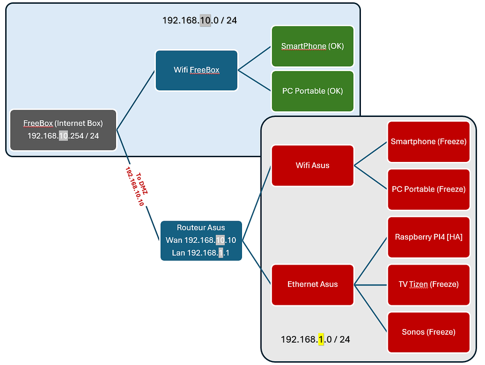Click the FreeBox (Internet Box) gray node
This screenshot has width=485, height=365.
click(x=63, y=130)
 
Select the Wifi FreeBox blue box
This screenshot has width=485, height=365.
click(x=197, y=70)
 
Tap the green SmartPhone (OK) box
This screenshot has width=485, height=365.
click(x=313, y=46)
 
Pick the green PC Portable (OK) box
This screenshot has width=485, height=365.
click(x=313, y=91)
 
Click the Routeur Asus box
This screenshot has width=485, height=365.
click(x=201, y=240)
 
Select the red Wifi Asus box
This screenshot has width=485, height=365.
click(x=313, y=165)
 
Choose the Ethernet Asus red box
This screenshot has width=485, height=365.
click(x=313, y=285)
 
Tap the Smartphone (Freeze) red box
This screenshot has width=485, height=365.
click(x=429, y=142)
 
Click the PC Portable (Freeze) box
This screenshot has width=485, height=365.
click(x=429, y=189)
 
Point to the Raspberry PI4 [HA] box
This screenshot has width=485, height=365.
click(x=429, y=237)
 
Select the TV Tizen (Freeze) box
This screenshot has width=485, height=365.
click(x=429, y=285)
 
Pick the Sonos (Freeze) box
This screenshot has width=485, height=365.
click(x=429, y=332)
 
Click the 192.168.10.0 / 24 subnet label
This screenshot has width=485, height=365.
click(x=199, y=20)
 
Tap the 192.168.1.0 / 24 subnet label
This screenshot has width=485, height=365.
click(x=315, y=339)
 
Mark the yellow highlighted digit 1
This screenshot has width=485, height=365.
click(x=321, y=339)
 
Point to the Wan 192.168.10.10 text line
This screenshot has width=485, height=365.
click(x=201, y=240)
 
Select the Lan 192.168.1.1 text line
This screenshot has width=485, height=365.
click(x=201, y=253)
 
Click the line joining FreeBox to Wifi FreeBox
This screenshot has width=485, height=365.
click(x=136, y=100)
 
